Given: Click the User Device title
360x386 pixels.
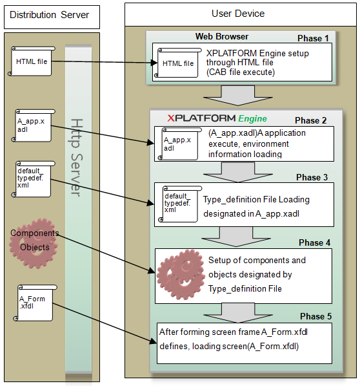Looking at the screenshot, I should (x=237, y=14).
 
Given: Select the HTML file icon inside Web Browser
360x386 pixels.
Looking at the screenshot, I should (x=176, y=63).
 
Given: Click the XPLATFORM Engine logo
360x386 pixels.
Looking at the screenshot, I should (x=217, y=118).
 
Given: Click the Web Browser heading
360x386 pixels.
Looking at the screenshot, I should (x=222, y=36).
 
